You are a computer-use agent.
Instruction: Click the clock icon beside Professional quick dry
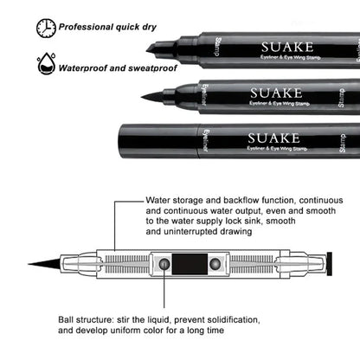[44, 29]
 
